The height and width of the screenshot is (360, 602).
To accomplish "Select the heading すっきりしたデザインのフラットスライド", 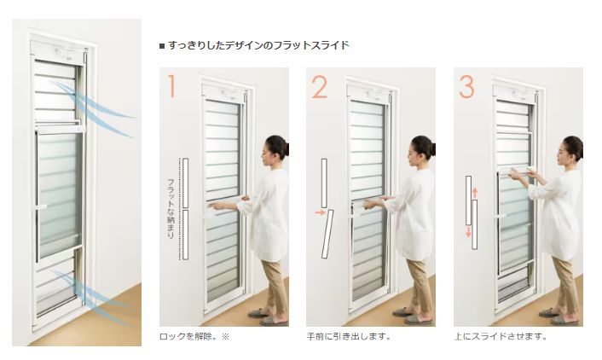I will (x=256, y=45).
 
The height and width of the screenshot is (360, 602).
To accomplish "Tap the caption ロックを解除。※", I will (x=195, y=336).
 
